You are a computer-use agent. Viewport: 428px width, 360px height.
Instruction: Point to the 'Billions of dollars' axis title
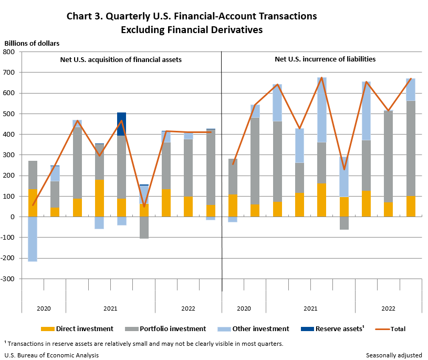(x=32, y=43)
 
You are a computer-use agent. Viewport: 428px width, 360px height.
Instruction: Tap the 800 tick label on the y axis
(x=11, y=52)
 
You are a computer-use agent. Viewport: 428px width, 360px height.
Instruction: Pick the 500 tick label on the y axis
(x=11, y=114)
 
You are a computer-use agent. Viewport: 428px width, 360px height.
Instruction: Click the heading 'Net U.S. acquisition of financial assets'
(x=121, y=60)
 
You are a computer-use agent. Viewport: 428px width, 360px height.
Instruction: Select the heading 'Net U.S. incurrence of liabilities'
(x=325, y=59)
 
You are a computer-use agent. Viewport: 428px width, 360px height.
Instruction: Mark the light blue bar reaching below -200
(x=33, y=239)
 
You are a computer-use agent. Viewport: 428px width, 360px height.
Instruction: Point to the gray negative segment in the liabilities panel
(x=344, y=223)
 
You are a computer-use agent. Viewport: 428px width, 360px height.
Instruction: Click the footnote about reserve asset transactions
(x=143, y=344)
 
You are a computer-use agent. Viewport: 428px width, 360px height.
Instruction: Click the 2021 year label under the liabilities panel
(x=310, y=308)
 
